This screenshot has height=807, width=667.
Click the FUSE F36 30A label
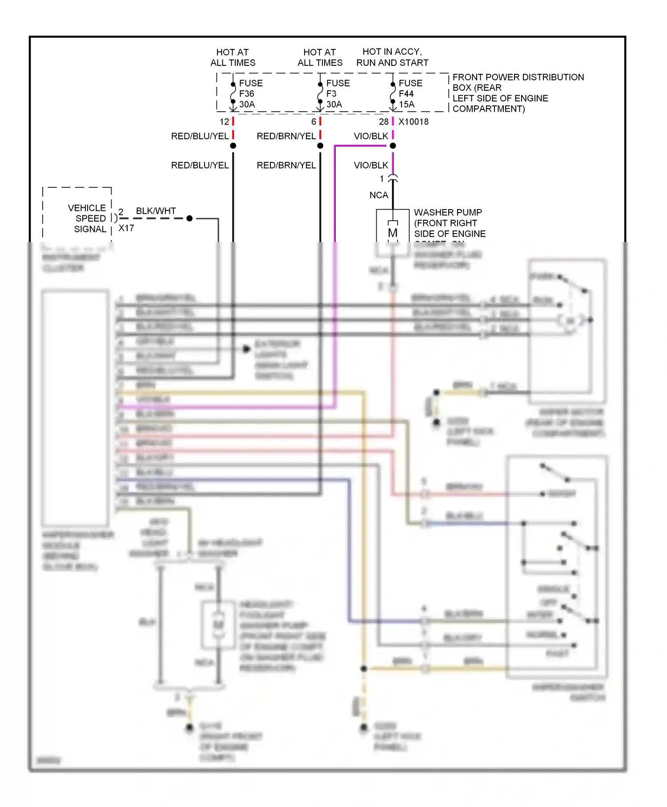tap(250, 94)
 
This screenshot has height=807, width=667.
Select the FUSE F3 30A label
tap(338, 94)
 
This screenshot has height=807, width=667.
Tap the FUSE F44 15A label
tap(410, 94)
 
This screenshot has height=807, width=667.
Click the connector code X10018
tap(413, 122)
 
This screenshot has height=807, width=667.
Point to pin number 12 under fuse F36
tap(224, 122)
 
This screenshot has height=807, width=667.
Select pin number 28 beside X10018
tap(383, 122)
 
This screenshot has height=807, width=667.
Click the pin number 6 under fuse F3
tap(313, 122)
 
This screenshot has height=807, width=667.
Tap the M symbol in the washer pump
tap(392, 233)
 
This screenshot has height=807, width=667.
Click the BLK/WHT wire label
tap(156, 211)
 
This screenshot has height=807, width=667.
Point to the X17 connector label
tap(126, 228)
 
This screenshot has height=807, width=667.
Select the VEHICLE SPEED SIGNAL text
tap(87, 218)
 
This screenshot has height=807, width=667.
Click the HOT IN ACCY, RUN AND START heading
tap(392, 57)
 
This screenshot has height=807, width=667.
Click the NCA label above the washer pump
tap(378, 195)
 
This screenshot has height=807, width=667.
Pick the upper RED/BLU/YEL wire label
tap(200, 136)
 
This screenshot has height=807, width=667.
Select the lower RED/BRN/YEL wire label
tap(286, 165)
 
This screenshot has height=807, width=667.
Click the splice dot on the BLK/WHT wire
tap(189, 218)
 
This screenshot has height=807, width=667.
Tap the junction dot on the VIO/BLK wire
tap(393, 146)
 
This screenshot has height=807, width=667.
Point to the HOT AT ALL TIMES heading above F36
tap(233, 57)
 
